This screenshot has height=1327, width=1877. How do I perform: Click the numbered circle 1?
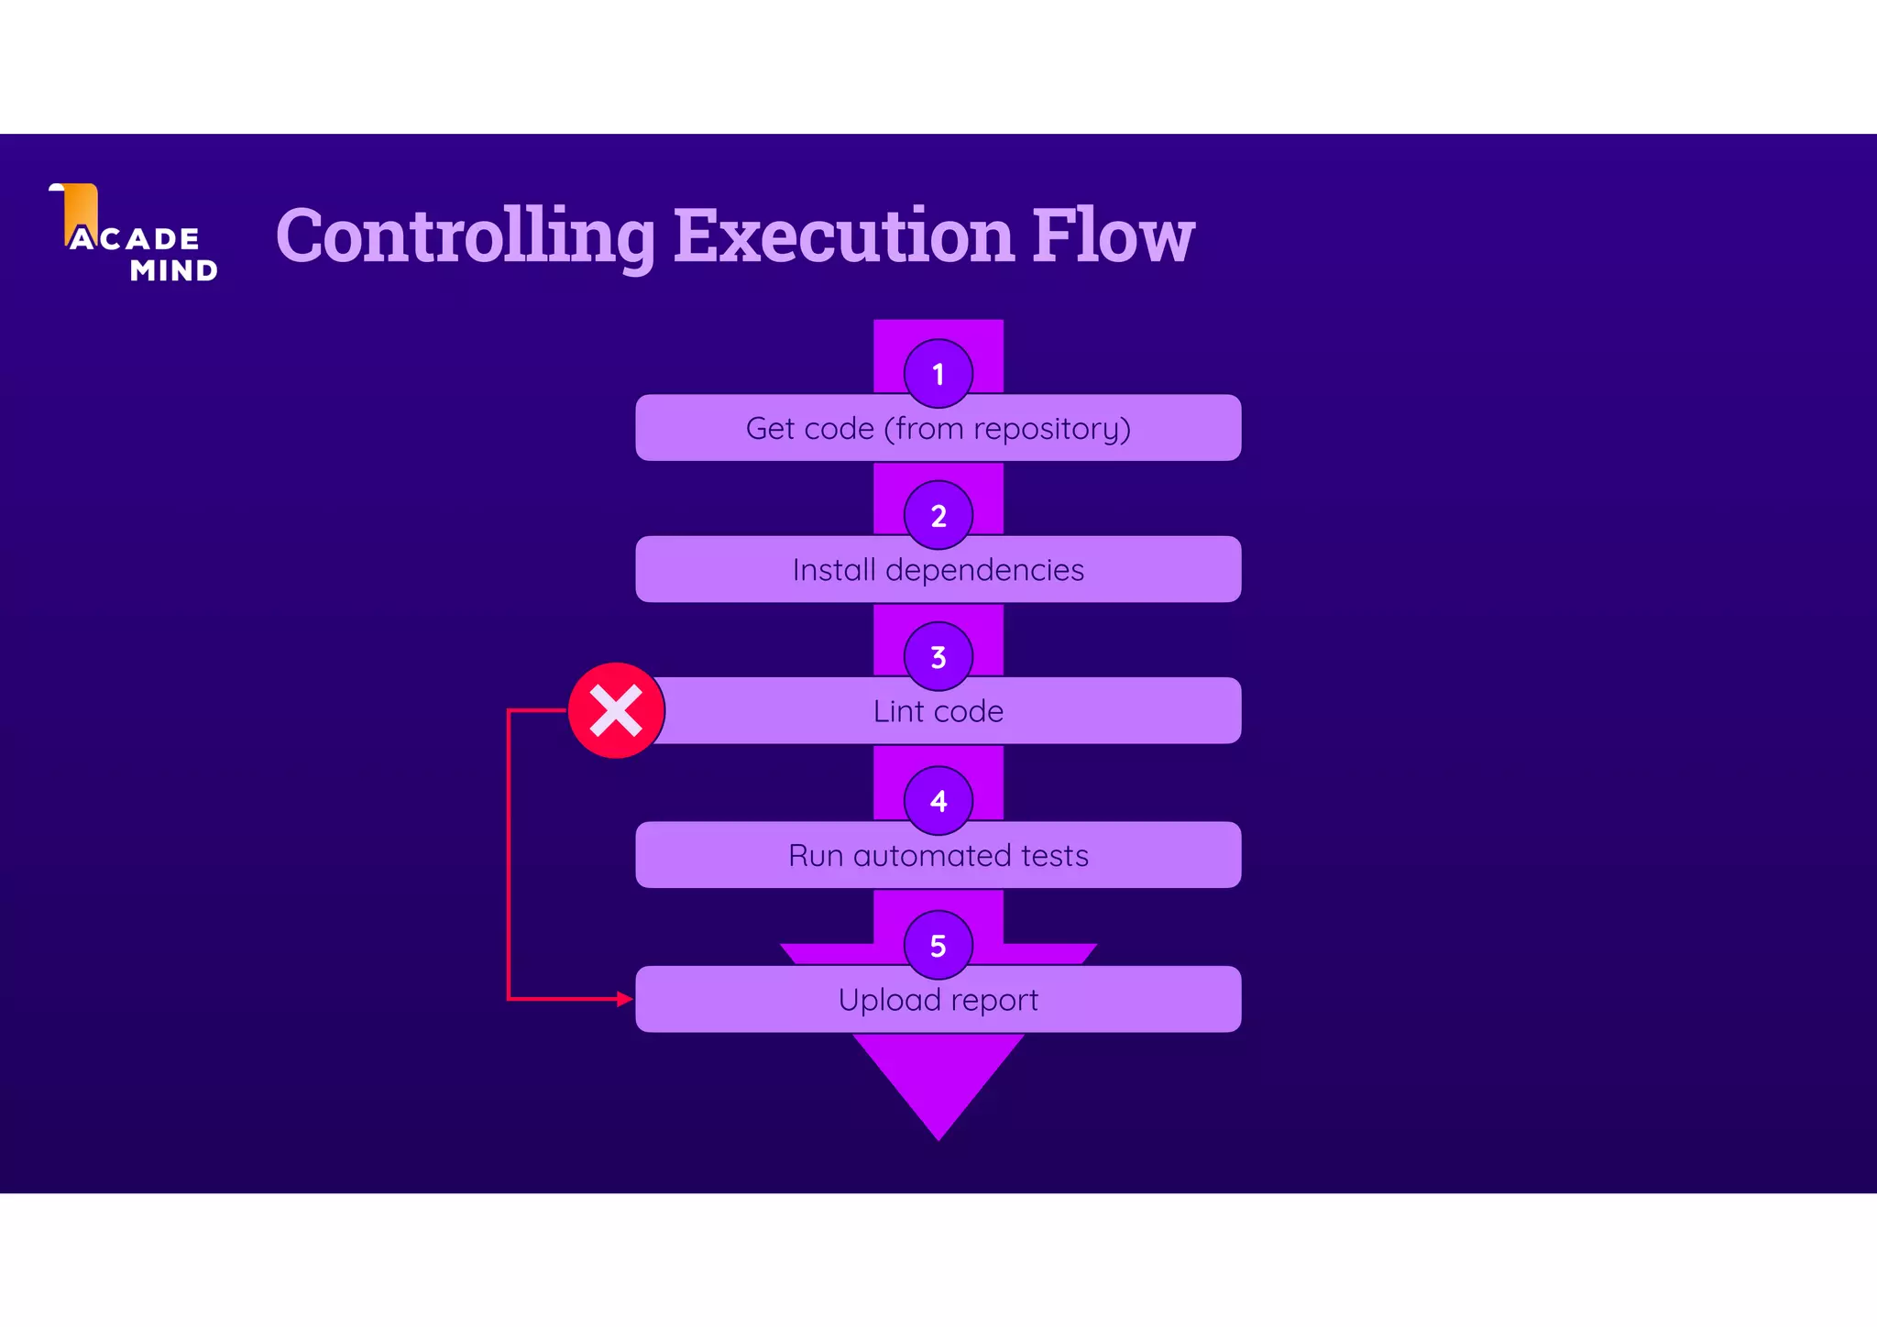pos(938,374)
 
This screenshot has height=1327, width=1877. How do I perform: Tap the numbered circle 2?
pos(938,516)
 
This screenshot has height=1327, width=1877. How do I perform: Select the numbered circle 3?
pos(938,657)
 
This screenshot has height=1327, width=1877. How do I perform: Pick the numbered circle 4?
pos(938,801)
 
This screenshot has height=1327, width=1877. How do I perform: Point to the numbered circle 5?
pos(938,945)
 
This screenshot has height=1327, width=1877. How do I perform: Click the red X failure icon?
pos(616,711)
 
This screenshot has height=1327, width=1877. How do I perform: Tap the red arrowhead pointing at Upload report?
pos(625,999)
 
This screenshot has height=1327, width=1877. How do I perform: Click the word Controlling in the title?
pos(466,236)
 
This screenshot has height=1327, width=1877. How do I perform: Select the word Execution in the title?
pos(844,236)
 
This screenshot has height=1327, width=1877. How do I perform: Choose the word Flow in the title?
pos(1114,236)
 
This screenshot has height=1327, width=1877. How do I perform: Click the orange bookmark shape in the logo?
pos(80,209)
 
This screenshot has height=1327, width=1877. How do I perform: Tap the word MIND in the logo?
pos(174,271)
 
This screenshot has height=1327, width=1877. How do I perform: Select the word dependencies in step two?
pos(984,570)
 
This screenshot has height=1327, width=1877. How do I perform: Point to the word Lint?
pos(897,712)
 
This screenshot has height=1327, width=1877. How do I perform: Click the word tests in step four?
pos(1055,856)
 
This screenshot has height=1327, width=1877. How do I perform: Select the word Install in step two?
pos(834,570)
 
